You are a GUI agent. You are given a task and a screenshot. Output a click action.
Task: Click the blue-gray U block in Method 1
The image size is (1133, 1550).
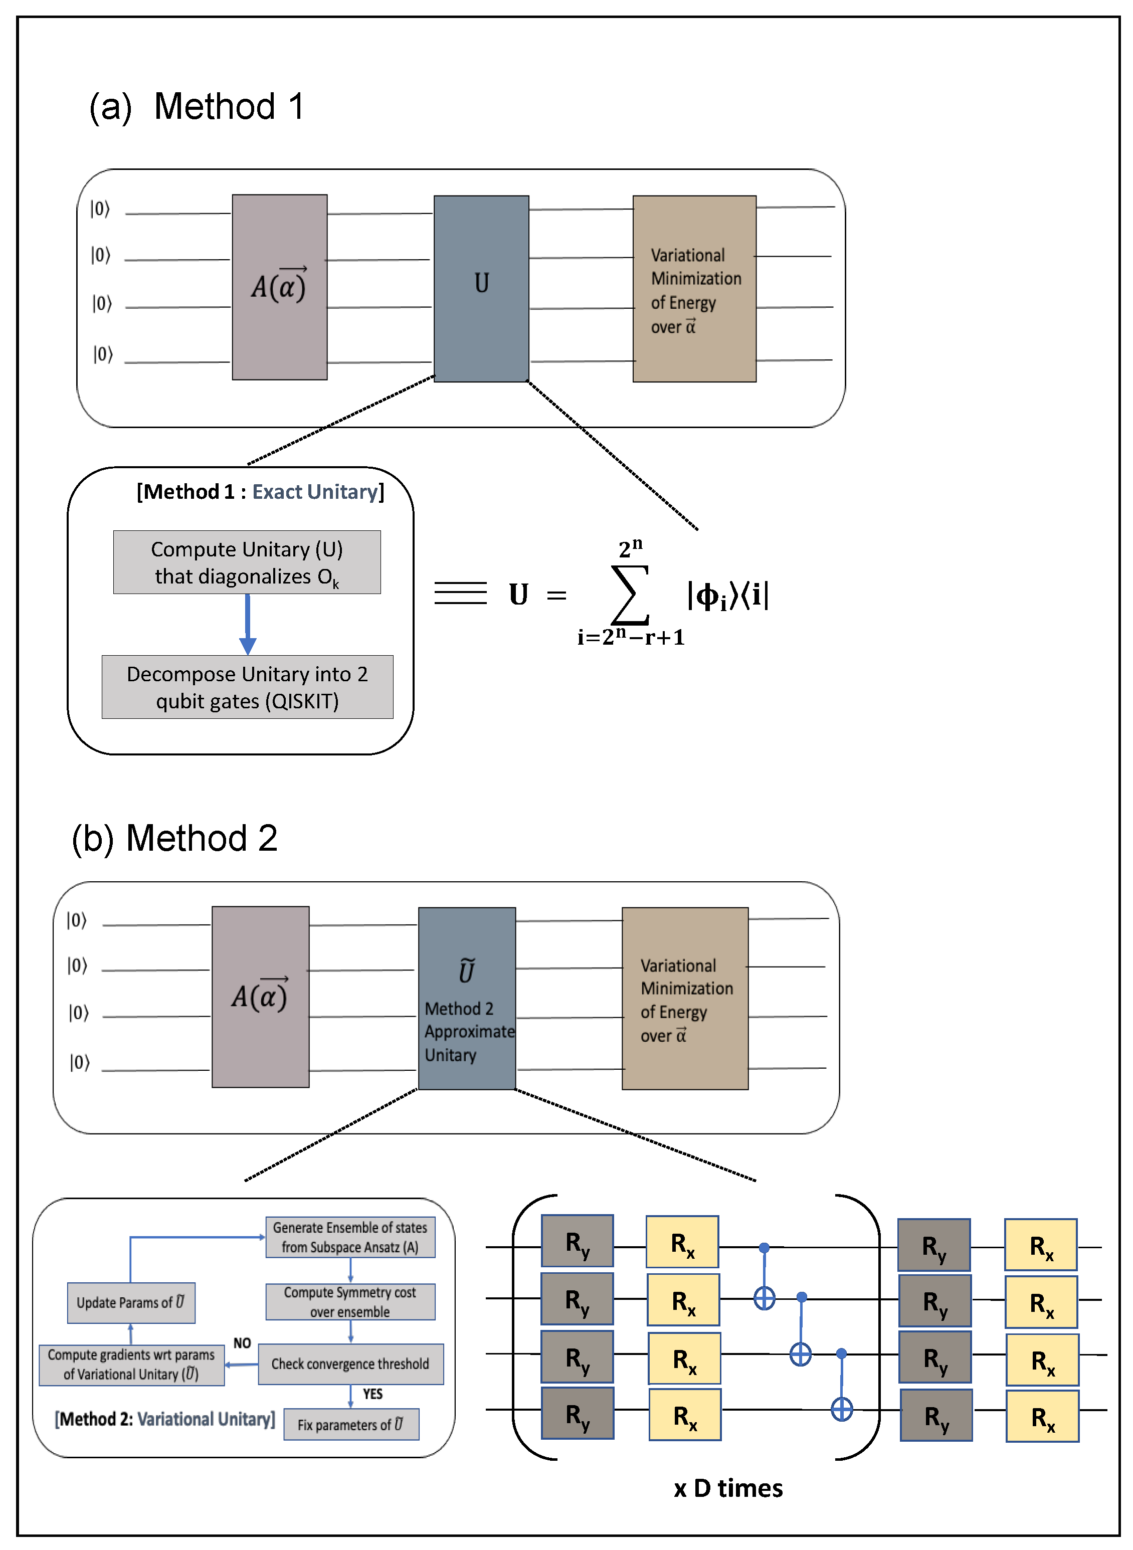point(481,288)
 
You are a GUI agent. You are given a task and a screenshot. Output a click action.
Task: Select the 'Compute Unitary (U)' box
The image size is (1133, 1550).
point(247,562)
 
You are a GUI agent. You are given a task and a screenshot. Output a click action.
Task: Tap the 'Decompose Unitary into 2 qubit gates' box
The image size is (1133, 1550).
point(247,687)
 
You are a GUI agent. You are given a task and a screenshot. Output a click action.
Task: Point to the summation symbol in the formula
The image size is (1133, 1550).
point(630,594)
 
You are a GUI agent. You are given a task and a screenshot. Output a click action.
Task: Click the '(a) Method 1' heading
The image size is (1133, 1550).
point(196,107)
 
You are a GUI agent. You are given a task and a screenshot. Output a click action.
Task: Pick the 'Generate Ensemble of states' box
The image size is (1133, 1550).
point(350,1237)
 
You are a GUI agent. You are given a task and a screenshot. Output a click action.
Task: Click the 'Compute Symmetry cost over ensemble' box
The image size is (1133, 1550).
point(350,1302)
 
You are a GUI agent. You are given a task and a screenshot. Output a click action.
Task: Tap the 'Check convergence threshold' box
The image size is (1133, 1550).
point(350,1364)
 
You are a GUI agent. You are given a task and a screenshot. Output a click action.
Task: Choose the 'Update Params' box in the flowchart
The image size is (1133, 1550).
point(131,1302)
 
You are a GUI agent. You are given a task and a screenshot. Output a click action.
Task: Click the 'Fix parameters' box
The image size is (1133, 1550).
point(351,1424)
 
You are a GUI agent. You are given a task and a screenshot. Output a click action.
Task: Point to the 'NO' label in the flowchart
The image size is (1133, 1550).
point(242,1343)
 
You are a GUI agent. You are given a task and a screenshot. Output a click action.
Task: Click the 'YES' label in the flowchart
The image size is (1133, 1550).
point(372,1394)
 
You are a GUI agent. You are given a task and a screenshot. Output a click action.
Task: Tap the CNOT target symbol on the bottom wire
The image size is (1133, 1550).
point(842,1410)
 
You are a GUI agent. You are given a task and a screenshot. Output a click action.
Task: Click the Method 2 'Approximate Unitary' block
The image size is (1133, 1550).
point(466,998)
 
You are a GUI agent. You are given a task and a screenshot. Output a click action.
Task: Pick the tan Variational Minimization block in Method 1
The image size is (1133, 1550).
point(694,289)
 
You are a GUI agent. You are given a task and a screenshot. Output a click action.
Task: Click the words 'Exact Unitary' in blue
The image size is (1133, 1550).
point(315,492)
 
